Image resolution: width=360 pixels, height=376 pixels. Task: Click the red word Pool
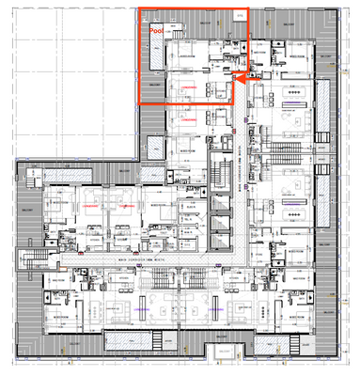[x=156, y=31]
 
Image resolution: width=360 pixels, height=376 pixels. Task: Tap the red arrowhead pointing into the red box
[x=236, y=82]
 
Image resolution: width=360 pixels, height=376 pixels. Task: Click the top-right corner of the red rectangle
[x=248, y=10]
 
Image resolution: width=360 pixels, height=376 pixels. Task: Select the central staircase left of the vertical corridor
[x=222, y=174]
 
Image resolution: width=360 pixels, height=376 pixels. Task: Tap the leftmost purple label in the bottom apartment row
[x=138, y=305]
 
